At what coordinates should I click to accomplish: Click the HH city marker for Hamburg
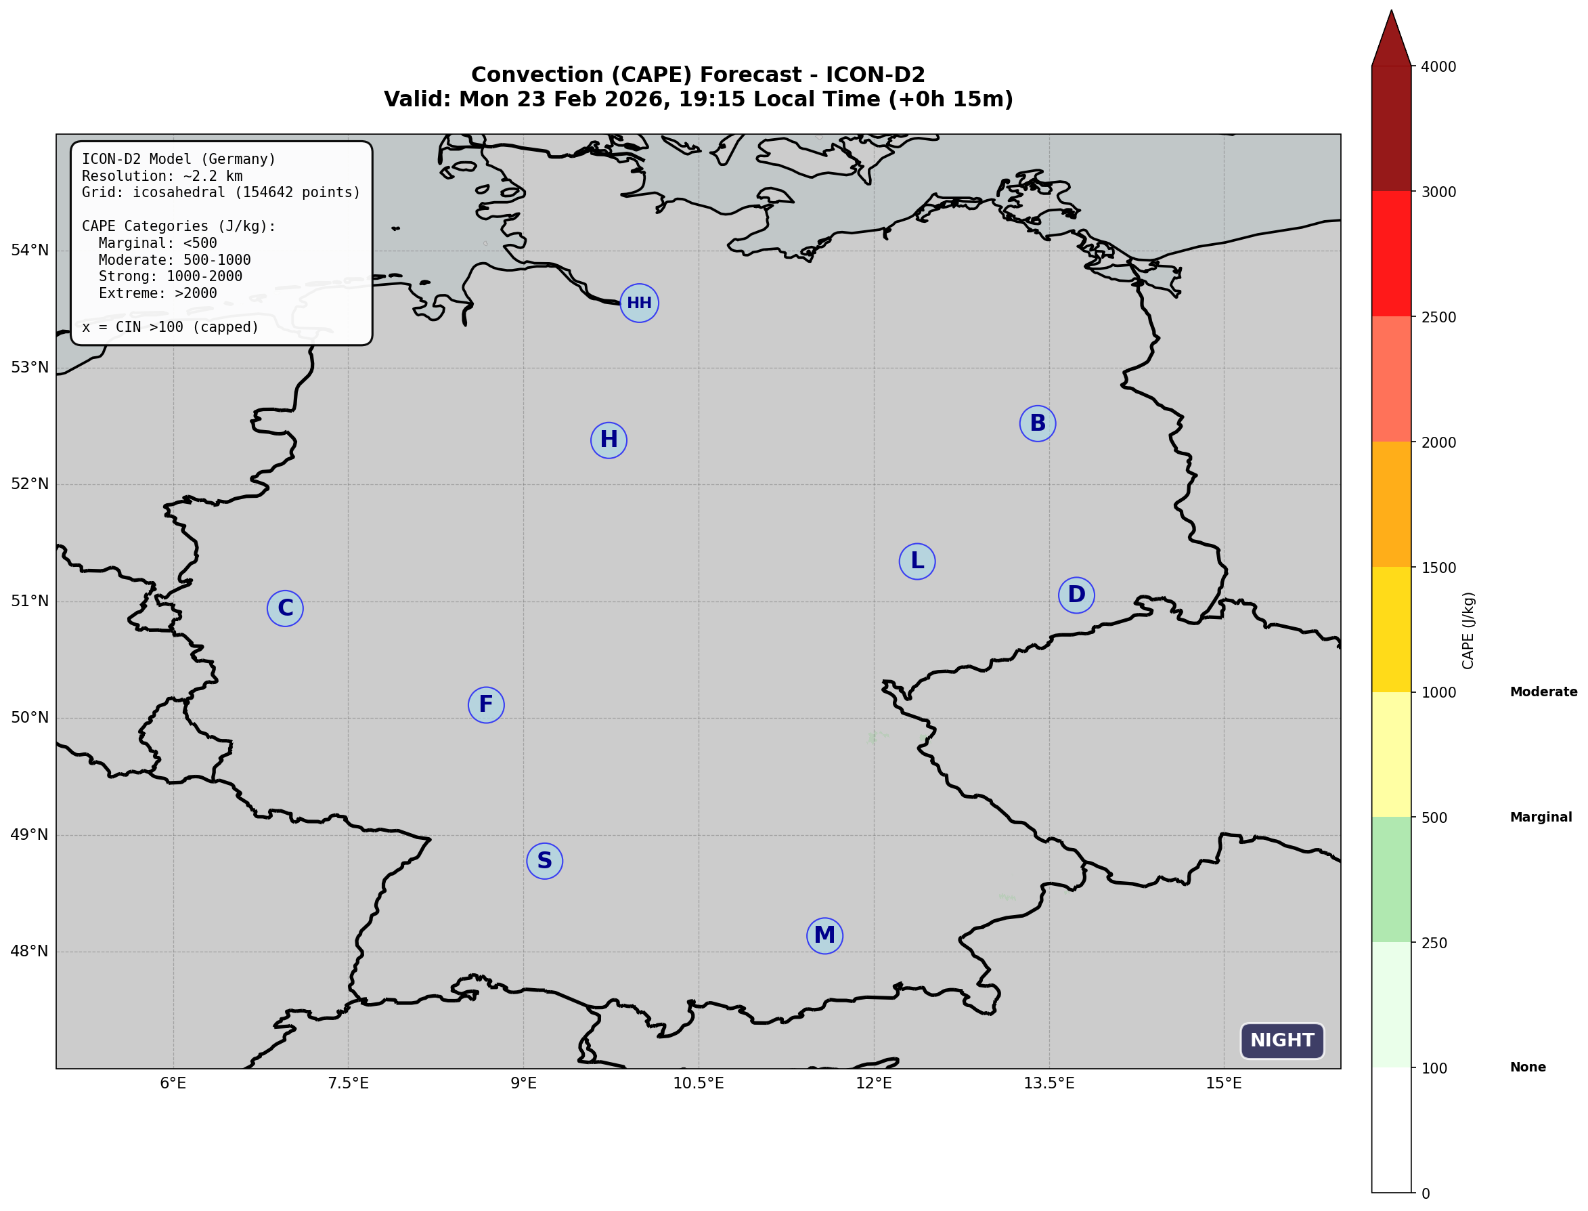click(639, 303)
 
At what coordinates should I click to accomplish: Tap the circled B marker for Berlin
click(1038, 423)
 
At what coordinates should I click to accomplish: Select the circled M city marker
click(824, 935)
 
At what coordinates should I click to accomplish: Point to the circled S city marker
click(545, 861)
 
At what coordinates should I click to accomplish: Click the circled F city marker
click(486, 704)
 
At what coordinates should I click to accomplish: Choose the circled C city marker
click(286, 608)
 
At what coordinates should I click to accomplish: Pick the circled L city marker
click(917, 561)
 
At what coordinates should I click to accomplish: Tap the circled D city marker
click(1076, 595)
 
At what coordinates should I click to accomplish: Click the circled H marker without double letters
click(609, 440)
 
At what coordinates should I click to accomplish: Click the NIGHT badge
click(1282, 1040)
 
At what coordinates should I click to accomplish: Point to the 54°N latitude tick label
click(30, 250)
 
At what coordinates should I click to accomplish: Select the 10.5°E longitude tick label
click(698, 1084)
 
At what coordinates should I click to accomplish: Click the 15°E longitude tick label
click(1223, 1084)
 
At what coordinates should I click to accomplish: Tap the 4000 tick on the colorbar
click(1438, 67)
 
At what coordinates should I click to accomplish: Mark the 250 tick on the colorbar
click(1434, 943)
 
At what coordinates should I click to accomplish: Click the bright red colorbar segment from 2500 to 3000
click(1391, 254)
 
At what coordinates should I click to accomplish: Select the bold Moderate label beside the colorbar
click(1543, 692)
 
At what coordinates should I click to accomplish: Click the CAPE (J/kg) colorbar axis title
click(1468, 631)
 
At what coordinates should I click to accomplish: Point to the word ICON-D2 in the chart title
click(875, 75)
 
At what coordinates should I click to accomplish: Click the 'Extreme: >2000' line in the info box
click(157, 293)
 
